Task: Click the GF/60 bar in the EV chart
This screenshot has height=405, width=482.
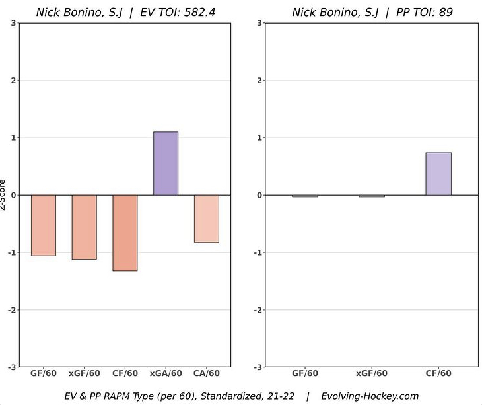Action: pos(44,225)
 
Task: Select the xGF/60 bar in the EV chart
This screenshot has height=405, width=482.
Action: pos(85,227)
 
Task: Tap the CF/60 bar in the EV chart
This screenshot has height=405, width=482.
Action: pos(125,233)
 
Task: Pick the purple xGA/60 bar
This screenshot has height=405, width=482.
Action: pos(166,163)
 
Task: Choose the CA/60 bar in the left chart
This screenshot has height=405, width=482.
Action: pos(207,219)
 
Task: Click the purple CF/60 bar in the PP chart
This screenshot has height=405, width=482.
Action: pos(438,174)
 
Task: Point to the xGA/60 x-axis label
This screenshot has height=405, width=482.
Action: pos(166,373)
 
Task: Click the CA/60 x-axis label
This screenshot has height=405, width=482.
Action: pos(207,373)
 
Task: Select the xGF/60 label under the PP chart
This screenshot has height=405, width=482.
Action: pos(371,373)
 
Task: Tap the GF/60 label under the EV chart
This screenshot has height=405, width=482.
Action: pos(44,373)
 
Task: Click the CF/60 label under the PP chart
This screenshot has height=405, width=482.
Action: pos(438,373)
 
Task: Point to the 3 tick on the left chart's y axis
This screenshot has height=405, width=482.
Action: pos(14,23)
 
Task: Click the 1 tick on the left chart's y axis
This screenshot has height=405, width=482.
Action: pos(14,138)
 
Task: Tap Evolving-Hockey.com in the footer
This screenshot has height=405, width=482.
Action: pos(370,396)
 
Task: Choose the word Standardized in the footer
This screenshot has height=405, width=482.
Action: pos(232,396)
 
